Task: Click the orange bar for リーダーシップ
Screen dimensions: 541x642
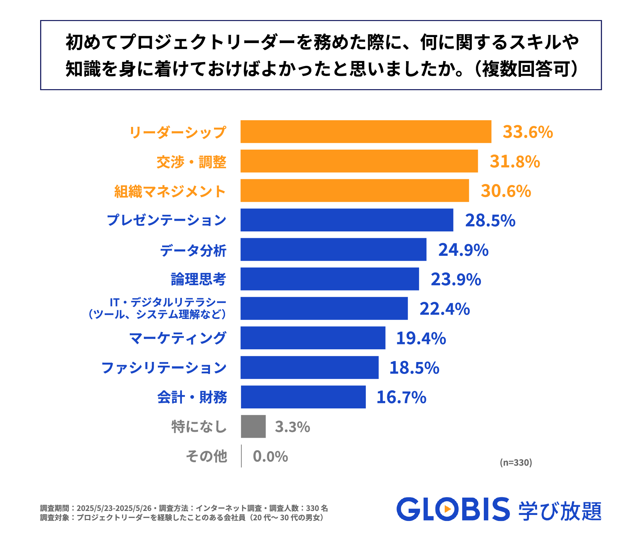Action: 366,132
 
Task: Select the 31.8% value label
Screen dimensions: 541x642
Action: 515,161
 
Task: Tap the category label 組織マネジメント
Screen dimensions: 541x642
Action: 170,191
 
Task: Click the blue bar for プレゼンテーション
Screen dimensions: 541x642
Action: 347,220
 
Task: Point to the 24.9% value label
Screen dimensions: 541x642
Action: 463,250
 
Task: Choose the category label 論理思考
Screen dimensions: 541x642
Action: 198,279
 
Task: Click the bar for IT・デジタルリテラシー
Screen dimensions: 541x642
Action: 324,309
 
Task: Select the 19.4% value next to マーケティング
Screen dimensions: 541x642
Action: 421,338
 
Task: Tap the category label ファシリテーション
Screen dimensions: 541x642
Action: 164,368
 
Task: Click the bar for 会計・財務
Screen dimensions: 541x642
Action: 303,397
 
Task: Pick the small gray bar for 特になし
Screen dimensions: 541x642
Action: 253,426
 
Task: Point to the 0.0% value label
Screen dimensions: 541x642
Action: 270,456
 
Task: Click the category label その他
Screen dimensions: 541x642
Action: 207,456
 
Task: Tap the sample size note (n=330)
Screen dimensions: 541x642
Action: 516,463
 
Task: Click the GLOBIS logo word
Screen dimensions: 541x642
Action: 453,509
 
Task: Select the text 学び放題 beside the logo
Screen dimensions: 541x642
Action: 560,511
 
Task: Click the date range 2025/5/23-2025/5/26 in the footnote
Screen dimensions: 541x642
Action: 114,508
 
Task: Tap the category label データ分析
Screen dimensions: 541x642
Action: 193,250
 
